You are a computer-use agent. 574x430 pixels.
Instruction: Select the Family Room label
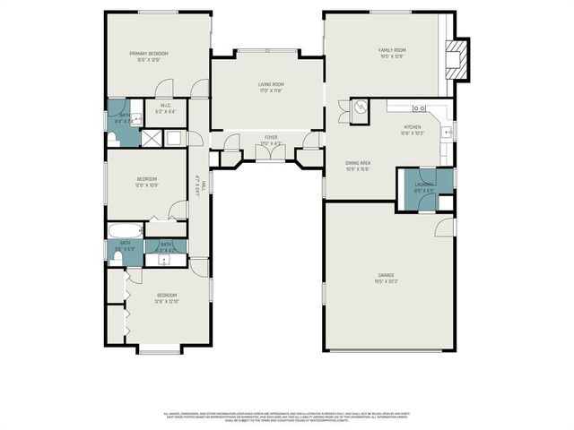click(392, 51)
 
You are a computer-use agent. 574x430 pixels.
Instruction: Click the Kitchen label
click(413, 127)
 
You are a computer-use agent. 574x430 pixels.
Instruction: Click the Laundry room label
click(423, 184)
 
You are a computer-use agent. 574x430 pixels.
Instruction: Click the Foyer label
click(270, 138)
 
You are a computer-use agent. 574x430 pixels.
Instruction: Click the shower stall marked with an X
click(152, 137)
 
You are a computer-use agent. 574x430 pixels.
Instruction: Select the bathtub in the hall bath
click(123, 230)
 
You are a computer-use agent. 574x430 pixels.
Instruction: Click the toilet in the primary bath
click(114, 138)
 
